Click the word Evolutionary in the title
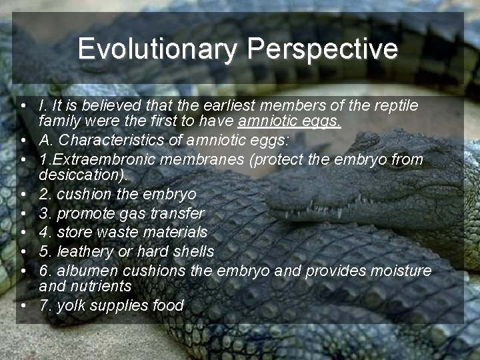pos(157,49)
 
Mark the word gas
pos(129,213)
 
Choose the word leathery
pos(85,251)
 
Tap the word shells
pos(193,251)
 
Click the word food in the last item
pos(168,305)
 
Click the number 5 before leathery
pos(43,251)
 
